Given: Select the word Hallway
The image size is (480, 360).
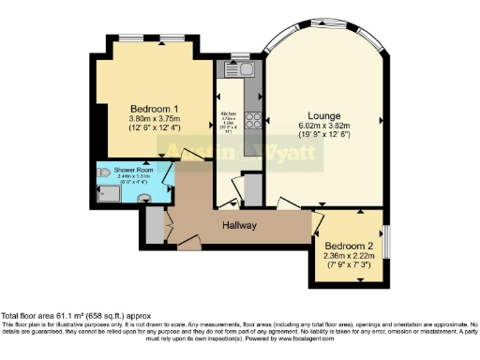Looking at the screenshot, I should (x=241, y=225).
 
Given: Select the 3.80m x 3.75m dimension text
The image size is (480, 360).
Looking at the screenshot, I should (x=155, y=119).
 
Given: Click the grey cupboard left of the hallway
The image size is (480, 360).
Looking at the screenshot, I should (x=154, y=226).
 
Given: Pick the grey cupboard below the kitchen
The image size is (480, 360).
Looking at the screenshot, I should (x=252, y=188).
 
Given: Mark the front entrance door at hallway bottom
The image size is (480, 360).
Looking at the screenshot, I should (x=190, y=247).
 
